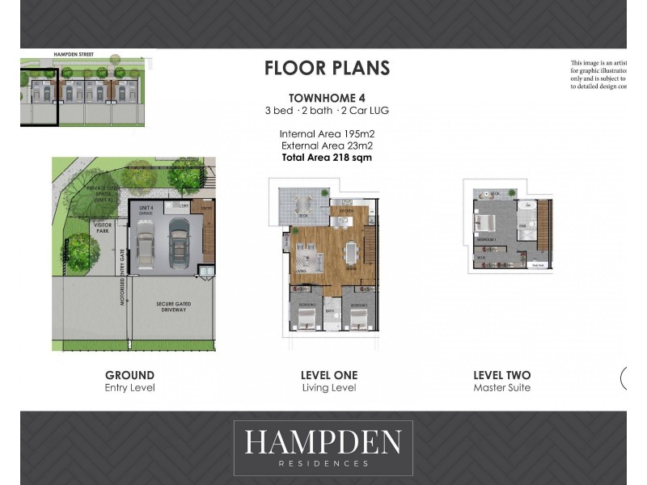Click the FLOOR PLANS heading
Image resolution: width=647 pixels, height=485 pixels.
point(327,68)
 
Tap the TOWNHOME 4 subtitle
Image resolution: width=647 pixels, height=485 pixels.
point(327,98)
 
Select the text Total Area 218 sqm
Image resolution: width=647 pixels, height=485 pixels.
point(327,158)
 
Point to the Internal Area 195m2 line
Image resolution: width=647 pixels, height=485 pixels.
point(327,134)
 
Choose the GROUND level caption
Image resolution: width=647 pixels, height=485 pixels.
point(129,375)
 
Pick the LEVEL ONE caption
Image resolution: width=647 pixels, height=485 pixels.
point(328,375)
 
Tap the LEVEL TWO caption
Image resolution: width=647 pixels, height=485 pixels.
point(501,375)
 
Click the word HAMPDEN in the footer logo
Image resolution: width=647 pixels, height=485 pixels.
point(323,443)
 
